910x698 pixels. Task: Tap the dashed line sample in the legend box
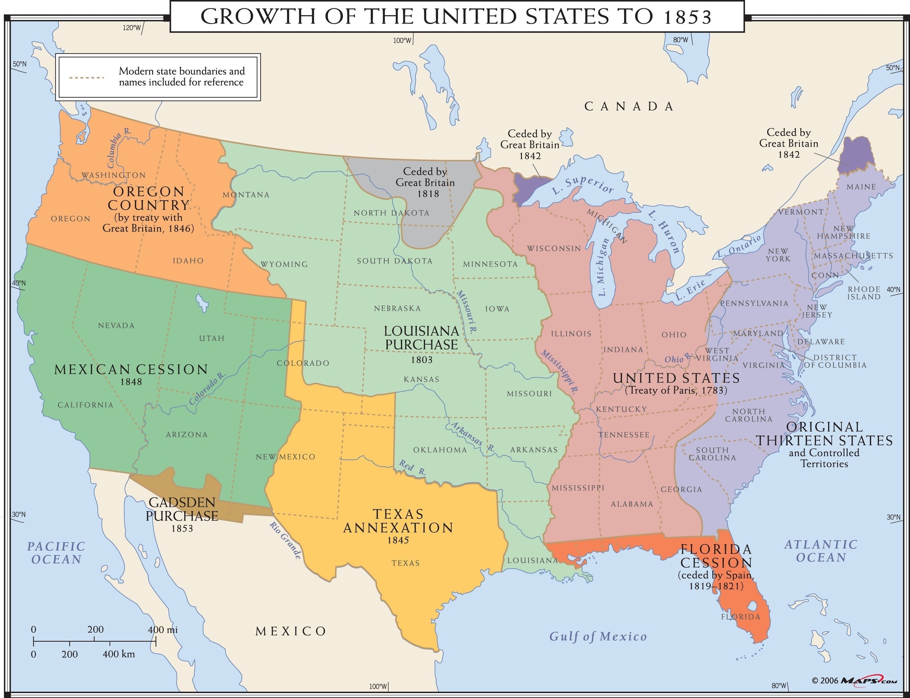coord(86,77)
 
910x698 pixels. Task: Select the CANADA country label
coord(629,107)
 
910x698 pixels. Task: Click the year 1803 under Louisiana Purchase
coord(422,360)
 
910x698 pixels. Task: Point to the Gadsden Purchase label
coord(182,509)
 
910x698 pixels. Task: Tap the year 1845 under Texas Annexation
coord(398,540)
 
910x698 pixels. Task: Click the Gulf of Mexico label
coord(598,636)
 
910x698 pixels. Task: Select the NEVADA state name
coord(116,326)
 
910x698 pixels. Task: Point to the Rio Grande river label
coord(285,540)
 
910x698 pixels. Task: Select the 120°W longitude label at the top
coord(132,28)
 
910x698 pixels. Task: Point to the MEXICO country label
coord(290,632)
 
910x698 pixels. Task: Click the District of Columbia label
coord(835,361)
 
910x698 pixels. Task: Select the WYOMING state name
coord(284,264)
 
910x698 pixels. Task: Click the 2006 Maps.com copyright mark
coord(854,681)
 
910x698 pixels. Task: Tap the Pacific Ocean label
coord(56,552)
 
